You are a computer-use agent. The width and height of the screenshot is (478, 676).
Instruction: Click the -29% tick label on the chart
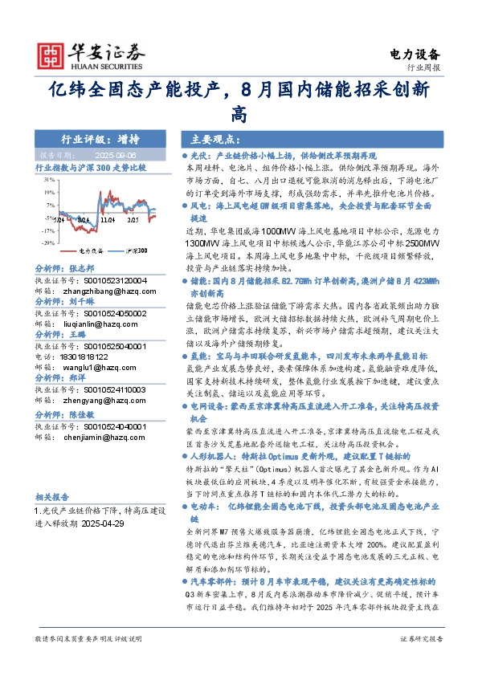(49, 242)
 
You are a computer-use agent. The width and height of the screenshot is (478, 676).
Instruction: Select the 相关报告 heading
(54, 497)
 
